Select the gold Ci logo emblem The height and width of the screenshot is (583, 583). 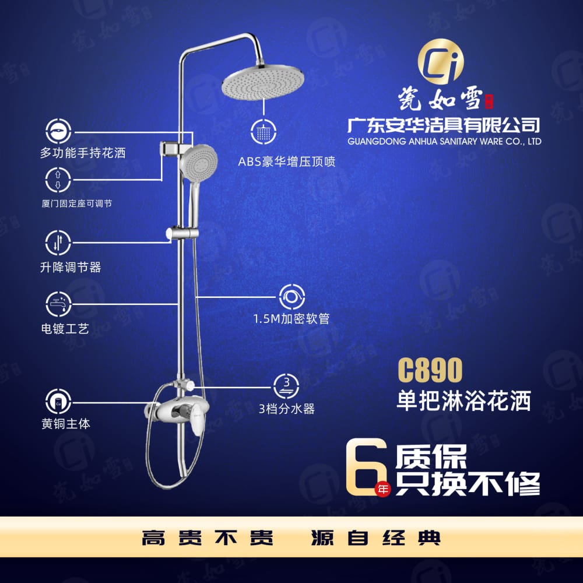tap(441, 61)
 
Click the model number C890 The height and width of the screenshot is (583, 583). tap(430, 370)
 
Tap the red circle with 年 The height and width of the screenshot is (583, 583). tap(382, 488)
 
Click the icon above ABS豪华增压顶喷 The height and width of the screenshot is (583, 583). tap(264, 132)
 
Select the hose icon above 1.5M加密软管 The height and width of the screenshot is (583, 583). tap(292, 297)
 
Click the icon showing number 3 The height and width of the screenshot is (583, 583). tap(286, 386)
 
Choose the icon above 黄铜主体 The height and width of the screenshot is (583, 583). tap(58, 402)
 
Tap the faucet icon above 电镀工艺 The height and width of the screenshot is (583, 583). tap(58, 304)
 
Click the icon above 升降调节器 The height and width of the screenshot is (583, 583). tap(58, 243)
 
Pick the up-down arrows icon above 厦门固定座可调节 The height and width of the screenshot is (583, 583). tap(58, 180)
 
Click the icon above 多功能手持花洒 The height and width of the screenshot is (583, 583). tap(58, 131)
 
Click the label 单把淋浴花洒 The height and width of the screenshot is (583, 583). tap(463, 401)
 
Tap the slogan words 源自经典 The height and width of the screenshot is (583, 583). tap(376, 538)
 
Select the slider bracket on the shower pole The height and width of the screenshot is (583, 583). tap(182, 233)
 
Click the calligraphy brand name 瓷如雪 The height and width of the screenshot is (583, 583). tap(441, 99)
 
